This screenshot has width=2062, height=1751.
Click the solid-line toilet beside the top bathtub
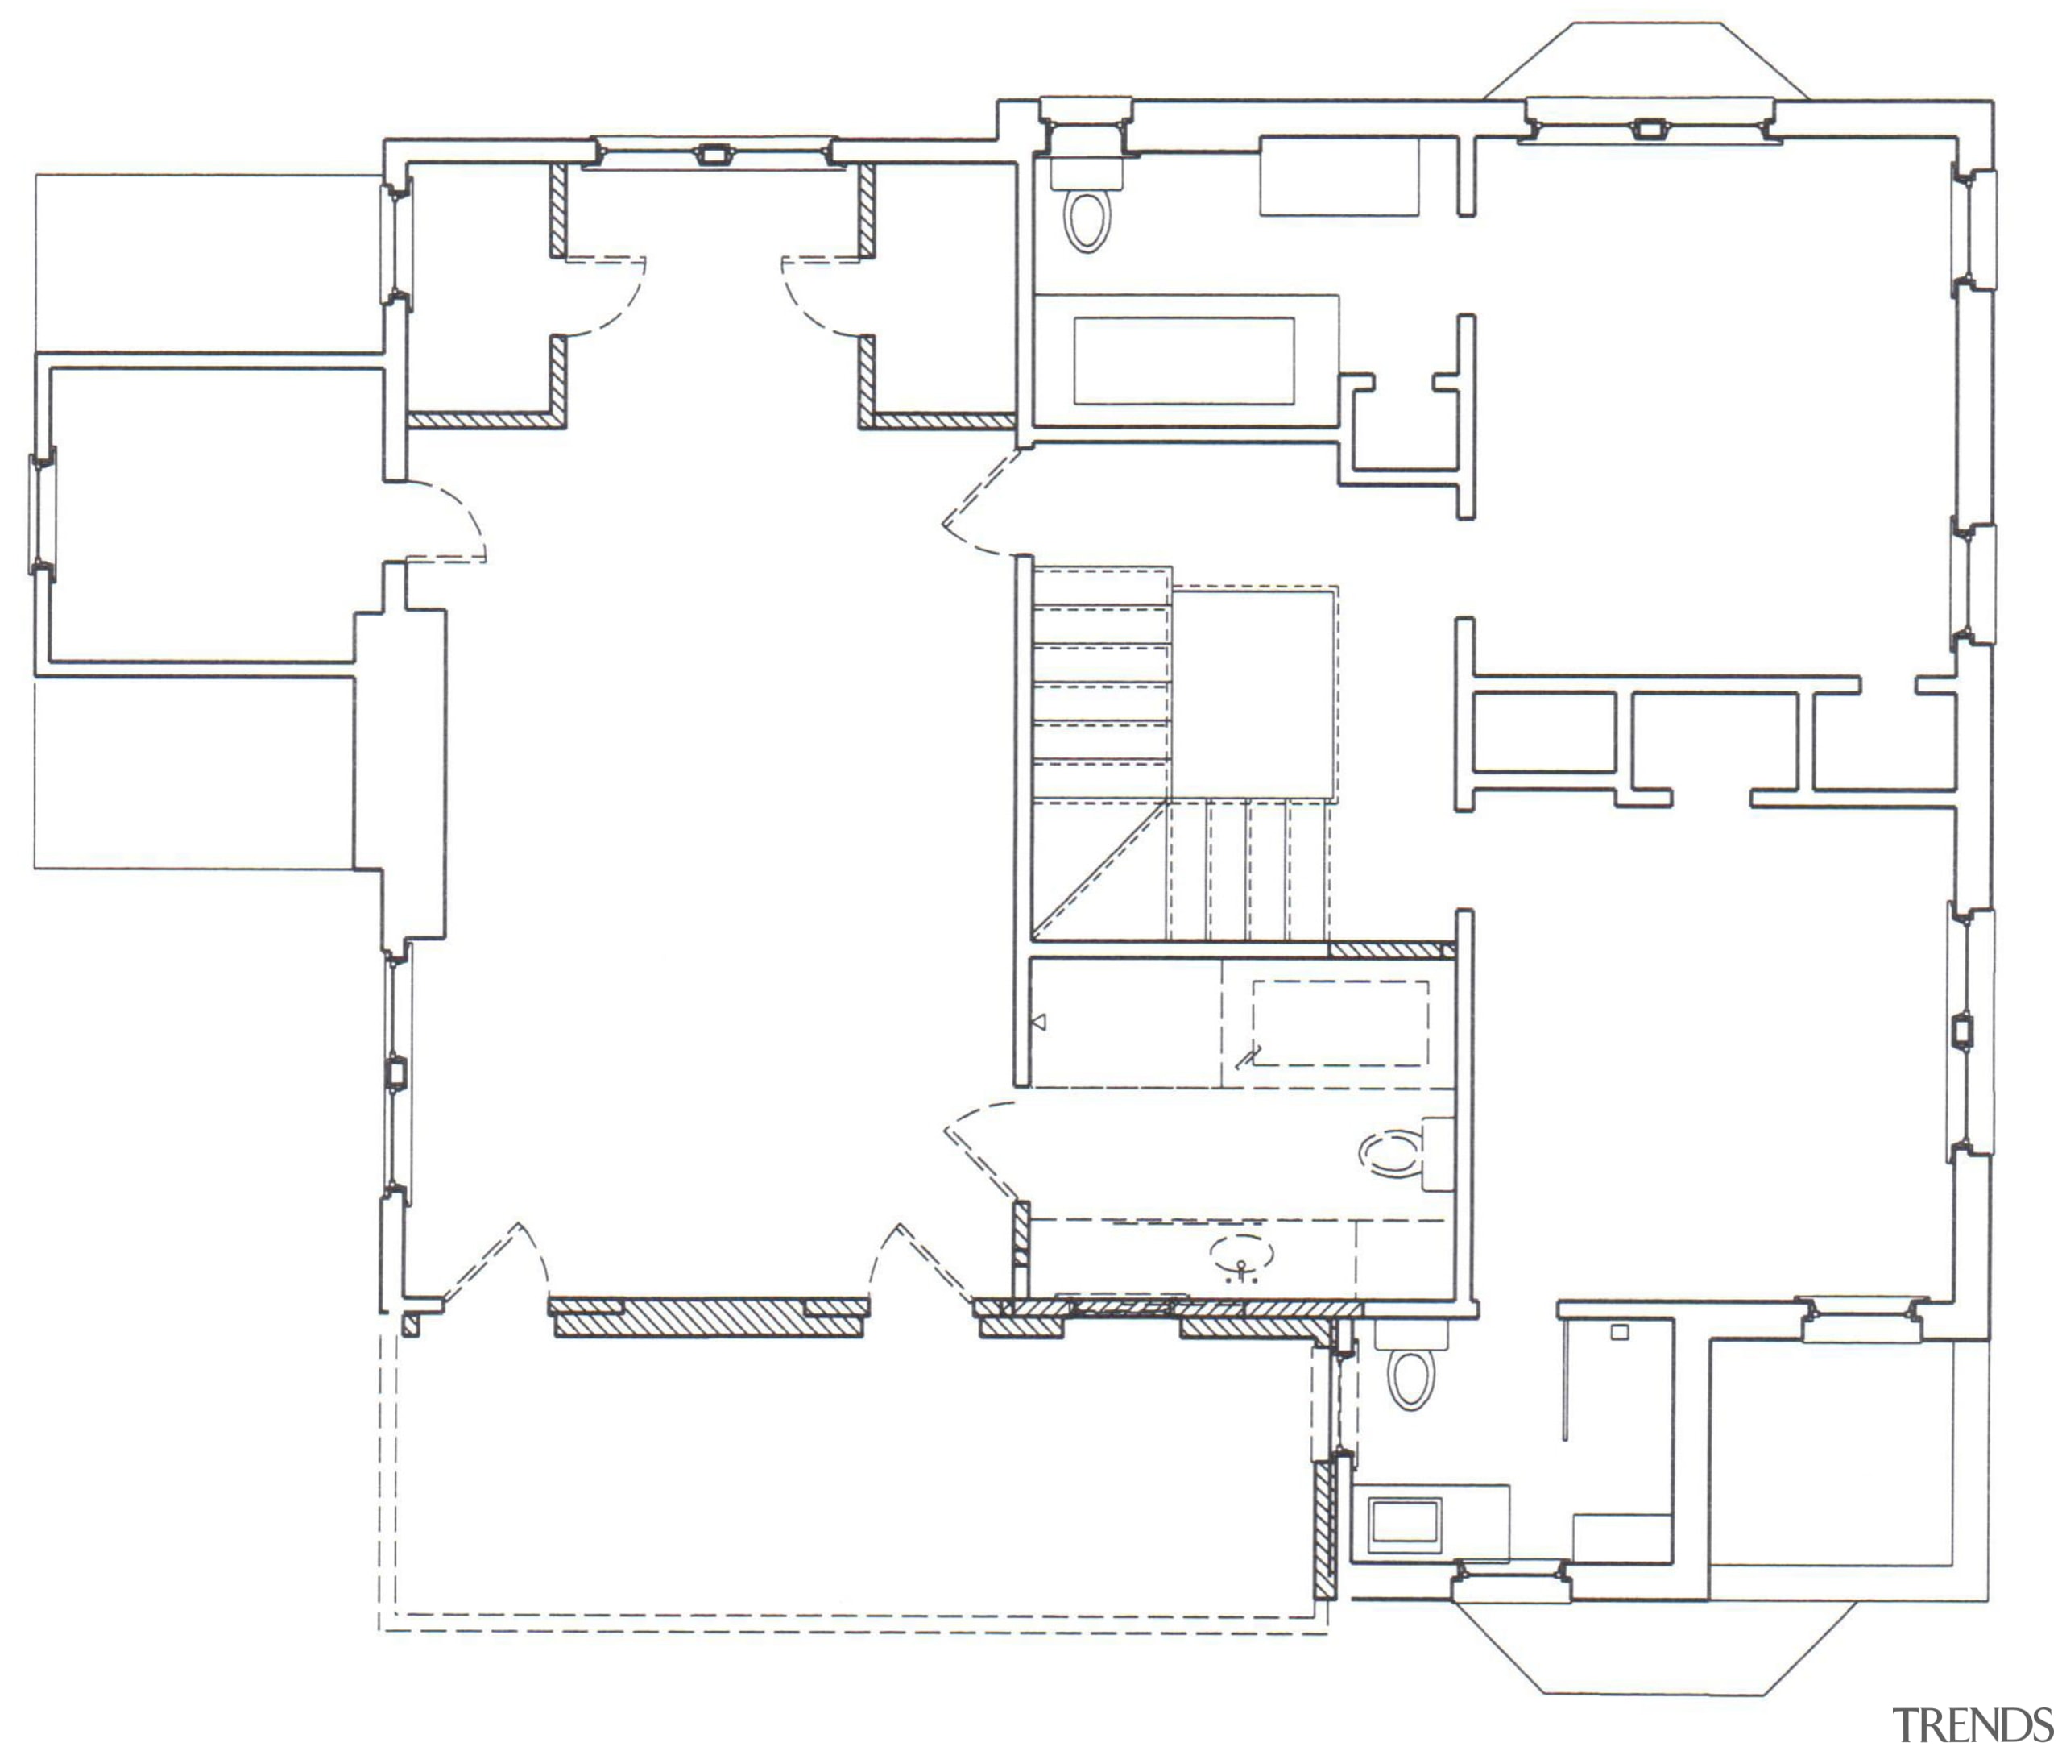[x=1087, y=220]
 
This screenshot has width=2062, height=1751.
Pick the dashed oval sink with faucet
[x=1240, y=1255]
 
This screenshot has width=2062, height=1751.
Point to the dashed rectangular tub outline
[x=1339, y=1023]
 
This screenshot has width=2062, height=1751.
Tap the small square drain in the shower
[x=1620, y=1332]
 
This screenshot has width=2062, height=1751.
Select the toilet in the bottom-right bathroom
[x=1410, y=1375]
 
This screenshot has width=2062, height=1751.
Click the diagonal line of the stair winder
[x=1099, y=869]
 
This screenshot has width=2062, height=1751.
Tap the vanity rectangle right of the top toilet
[x=1339, y=176]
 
